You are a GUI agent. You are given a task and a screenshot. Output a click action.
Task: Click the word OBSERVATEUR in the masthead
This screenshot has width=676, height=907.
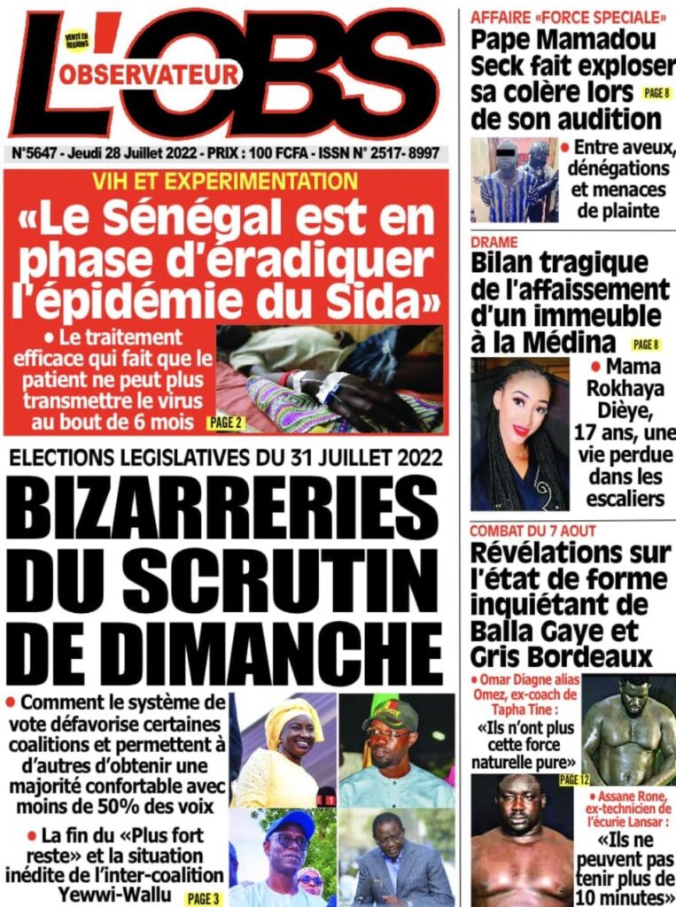pyautogui.click(x=149, y=75)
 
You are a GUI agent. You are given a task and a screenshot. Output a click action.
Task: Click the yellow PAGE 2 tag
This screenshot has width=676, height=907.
pyautogui.click(x=227, y=422)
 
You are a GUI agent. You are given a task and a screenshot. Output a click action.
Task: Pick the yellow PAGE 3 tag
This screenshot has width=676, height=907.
pyautogui.click(x=203, y=899)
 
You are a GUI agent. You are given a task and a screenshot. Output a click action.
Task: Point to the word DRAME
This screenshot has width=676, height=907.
pyautogui.click(x=494, y=242)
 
